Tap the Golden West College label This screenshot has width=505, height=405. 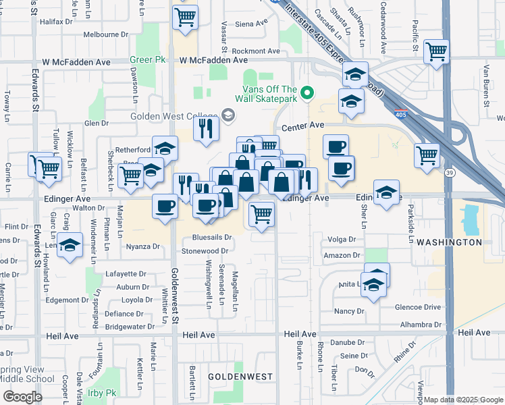pos(174,116)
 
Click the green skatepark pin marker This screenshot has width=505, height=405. pos(308,93)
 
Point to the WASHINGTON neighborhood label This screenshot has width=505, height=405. pos(449,242)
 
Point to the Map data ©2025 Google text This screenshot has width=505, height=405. pos(463,400)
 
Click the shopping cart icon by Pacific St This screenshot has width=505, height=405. pos(437,50)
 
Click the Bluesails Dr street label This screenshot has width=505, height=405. pos(211,238)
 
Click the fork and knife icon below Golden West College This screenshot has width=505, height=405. pos(206,127)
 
